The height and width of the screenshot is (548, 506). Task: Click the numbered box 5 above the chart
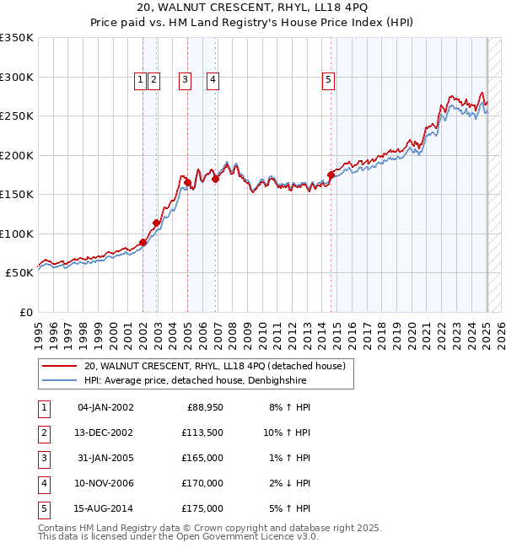[x=327, y=80]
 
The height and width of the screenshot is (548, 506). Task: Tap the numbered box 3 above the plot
[x=185, y=80]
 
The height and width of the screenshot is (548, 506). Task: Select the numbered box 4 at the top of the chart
[x=213, y=80]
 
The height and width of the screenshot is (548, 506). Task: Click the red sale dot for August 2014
[x=331, y=175]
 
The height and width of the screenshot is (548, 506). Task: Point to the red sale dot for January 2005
[x=187, y=182]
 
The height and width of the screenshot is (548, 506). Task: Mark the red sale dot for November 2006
[x=216, y=179]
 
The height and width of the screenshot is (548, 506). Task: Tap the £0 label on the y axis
[x=25, y=313]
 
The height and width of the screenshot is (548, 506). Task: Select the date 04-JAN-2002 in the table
[x=105, y=407]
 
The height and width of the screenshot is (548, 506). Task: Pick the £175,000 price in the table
[x=202, y=508]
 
